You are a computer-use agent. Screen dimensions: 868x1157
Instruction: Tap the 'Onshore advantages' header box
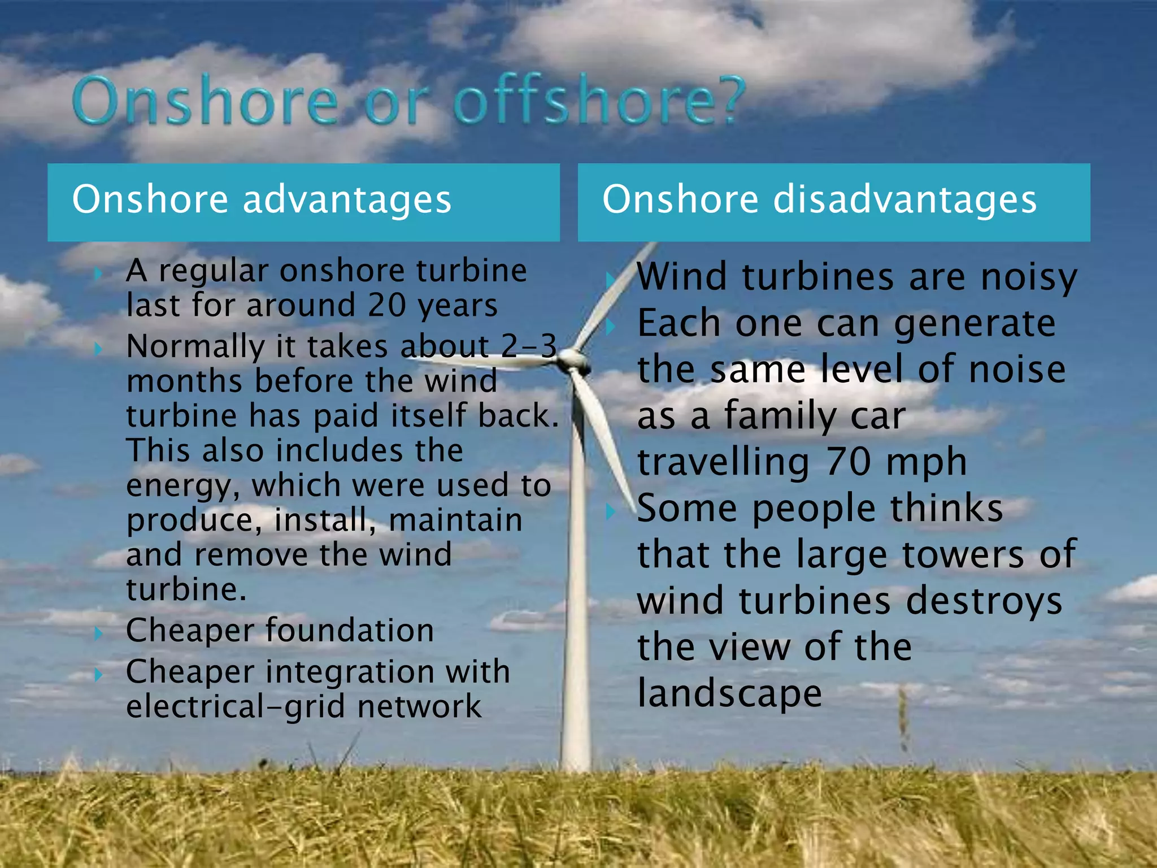303,202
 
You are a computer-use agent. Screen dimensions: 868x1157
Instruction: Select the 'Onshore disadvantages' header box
834,202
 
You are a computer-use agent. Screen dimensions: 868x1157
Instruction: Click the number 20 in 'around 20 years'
386,306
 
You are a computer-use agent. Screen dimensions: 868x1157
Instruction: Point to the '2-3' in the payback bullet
529,346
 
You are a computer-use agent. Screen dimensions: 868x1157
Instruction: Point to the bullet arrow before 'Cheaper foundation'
98,633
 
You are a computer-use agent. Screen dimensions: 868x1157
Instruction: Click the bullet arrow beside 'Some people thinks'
610,511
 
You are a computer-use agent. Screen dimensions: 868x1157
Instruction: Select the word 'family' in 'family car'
780,416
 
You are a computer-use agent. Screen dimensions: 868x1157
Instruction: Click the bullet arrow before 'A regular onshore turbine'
98,274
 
